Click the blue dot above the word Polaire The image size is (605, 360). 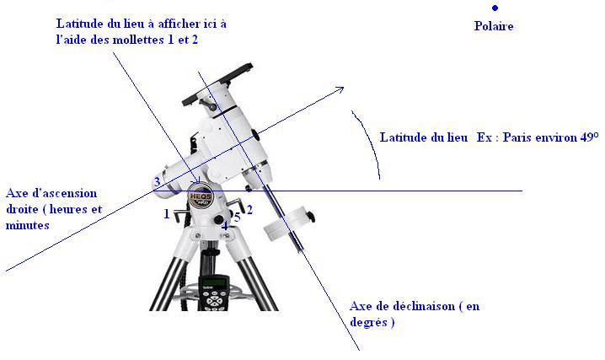coord(495,8)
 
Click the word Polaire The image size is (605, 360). coord(495,26)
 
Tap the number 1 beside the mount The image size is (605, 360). coord(167,213)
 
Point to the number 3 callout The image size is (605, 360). coord(157,182)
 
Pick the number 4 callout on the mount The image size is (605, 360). coord(224,225)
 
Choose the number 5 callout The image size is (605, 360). coord(238,218)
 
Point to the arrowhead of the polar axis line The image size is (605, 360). coord(340,89)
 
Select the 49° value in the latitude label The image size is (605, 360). coord(586,137)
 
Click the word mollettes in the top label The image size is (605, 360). coord(149,40)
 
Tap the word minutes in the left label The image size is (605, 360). coord(26,225)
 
